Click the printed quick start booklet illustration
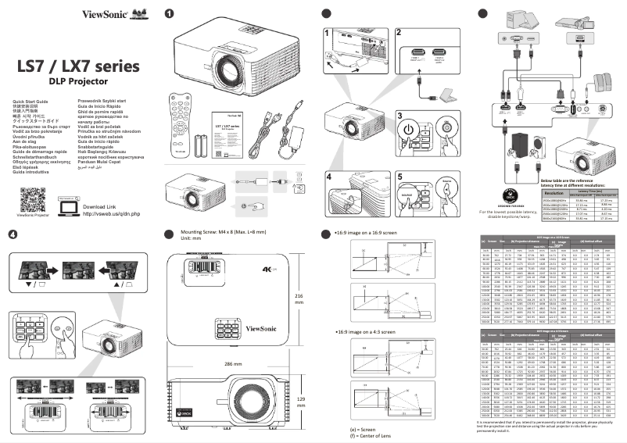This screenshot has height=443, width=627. click(235, 125)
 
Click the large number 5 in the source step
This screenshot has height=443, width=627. click(399, 177)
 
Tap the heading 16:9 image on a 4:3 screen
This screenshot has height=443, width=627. click(367, 311)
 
